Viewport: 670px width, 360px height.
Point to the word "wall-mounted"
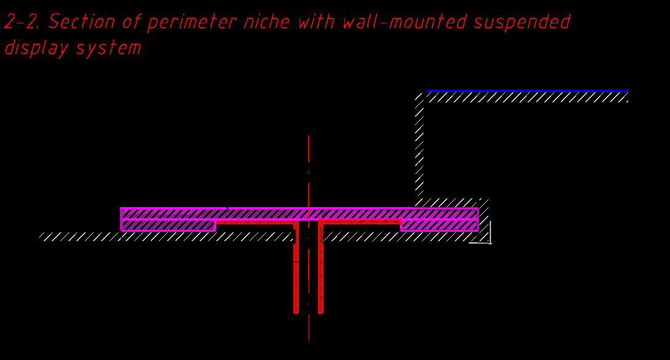(x=404, y=22)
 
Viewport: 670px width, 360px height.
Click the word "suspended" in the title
(x=522, y=22)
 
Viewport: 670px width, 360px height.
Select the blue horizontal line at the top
(x=526, y=91)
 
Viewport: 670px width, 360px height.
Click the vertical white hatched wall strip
(x=420, y=145)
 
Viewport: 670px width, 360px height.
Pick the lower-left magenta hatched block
(x=168, y=226)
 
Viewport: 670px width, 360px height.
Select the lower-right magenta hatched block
(x=439, y=226)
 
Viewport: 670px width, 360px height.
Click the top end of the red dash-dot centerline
(x=309, y=137)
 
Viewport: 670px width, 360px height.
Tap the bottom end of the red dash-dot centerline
(x=309, y=338)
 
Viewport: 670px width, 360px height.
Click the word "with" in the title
(x=316, y=22)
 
